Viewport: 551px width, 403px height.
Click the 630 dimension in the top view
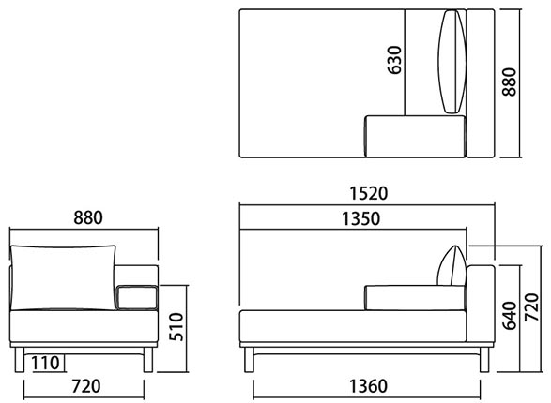coord(394,60)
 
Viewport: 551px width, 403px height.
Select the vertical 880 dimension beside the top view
coord(509,82)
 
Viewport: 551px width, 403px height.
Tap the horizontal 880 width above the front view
coord(88,217)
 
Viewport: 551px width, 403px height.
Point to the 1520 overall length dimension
coord(369,193)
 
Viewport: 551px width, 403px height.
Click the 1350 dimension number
coord(361,218)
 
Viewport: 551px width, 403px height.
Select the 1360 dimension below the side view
coord(369,386)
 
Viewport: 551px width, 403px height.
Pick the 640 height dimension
coord(510,316)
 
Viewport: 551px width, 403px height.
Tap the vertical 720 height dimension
coord(531,307)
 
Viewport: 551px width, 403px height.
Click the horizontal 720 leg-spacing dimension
coord(86,386)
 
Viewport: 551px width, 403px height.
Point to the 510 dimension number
coord(176,327)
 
